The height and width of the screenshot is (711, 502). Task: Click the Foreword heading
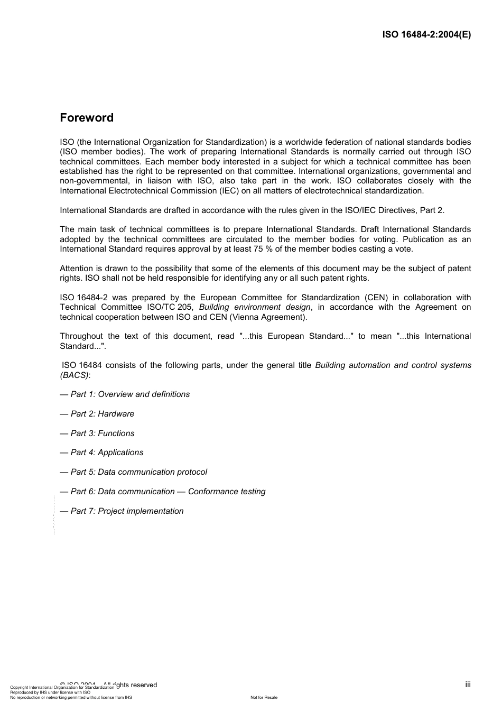[x=87, y=118]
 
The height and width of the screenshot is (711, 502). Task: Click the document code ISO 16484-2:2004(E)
[x=426, y=35]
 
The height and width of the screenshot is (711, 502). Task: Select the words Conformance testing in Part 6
[x=227, y=492]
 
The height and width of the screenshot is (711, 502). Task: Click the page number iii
[x=468, y=685]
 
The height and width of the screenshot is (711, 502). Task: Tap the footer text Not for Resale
[x=264, y=697]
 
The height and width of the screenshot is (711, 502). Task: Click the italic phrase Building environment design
[x=255, y=307]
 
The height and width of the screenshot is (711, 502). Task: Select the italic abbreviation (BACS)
[x=74, y=375]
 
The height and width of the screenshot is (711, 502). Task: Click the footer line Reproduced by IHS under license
[x=50, y=692]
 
